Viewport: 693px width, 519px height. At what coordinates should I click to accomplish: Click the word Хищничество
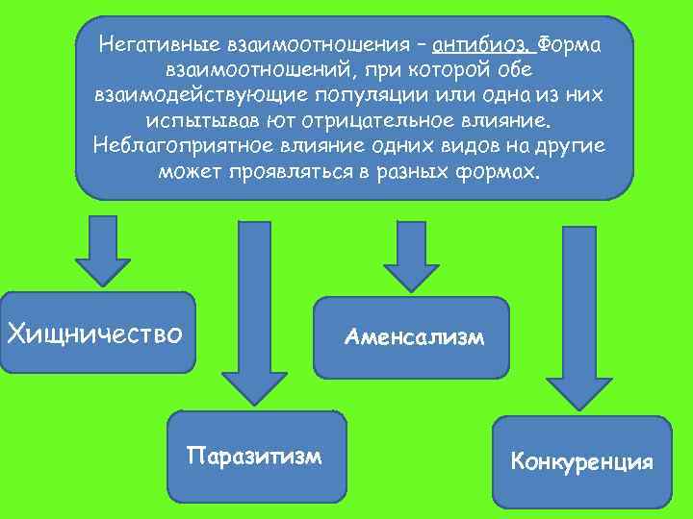(x=94, y=334)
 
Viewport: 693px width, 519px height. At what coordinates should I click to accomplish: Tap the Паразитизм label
(x=255, y=454)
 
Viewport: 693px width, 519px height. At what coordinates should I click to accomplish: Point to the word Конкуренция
(x=582, y=462)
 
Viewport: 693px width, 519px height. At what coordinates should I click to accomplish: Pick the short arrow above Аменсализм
(x=411, y=253)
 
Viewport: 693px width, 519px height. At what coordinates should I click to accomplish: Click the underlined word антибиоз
(x=481, y=45)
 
